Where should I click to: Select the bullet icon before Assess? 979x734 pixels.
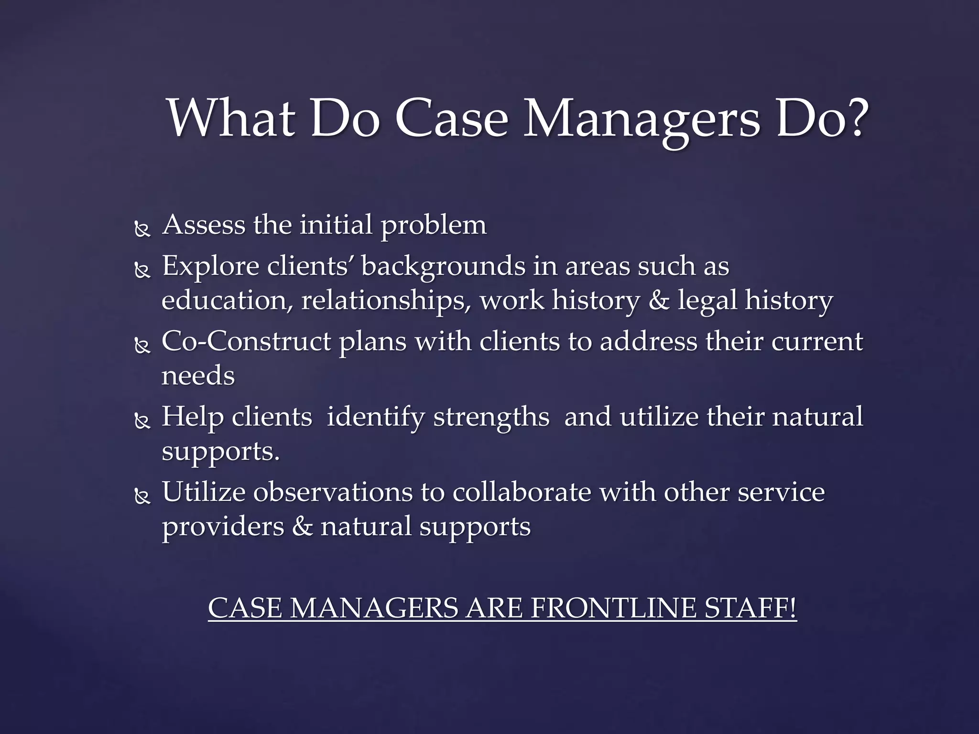[142, 230]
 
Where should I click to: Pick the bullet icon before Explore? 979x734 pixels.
[142, 271]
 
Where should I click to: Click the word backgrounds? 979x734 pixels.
[443, 267]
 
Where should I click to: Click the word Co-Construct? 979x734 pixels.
[246, 341]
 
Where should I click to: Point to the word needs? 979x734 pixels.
[198, 376]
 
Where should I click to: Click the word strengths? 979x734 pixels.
[491, 417]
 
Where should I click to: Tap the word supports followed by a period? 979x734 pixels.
[220, 452]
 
